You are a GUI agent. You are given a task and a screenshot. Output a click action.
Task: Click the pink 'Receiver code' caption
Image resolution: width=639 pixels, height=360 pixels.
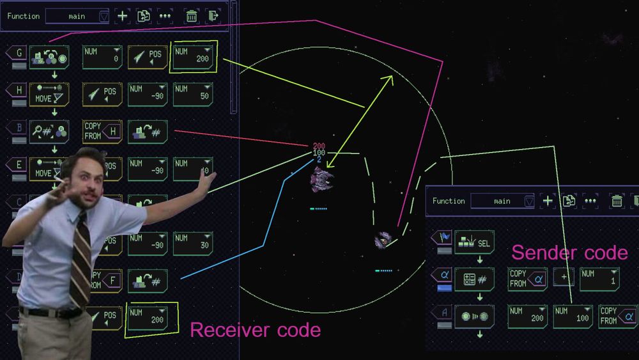click(256, 330)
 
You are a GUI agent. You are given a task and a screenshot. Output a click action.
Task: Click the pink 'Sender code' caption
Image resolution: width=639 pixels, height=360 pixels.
click(569, 253)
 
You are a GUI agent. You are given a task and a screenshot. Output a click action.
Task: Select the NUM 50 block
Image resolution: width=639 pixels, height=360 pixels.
click(192, 94)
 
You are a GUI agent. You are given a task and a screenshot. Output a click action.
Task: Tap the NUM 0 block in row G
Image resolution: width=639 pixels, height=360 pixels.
click(102, 57)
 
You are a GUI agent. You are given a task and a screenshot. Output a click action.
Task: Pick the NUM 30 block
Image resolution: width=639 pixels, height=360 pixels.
click(192, 243)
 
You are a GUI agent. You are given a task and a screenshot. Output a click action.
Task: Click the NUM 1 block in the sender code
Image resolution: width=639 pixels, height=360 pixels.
click(599, 279)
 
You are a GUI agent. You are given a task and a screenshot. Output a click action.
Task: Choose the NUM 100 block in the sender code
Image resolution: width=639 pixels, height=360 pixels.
click(573, 317)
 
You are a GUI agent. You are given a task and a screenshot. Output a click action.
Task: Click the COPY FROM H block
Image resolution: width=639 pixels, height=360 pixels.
click(102, 132)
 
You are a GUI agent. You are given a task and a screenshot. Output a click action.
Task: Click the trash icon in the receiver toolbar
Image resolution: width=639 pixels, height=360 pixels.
click(191, 16)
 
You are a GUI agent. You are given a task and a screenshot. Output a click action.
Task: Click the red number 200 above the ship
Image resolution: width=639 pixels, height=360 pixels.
click(319, 146)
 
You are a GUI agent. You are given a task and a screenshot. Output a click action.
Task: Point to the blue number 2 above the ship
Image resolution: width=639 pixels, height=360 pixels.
click(319, 159)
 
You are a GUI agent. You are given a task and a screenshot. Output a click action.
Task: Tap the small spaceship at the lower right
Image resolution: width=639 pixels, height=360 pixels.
click(383, 240)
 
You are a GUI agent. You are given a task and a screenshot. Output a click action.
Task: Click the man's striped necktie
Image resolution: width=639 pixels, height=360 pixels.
click(81, 255)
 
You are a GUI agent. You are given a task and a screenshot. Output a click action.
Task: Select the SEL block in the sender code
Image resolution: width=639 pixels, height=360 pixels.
click(474, 242)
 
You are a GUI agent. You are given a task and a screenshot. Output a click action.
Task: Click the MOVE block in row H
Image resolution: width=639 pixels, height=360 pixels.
click(49, 95)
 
